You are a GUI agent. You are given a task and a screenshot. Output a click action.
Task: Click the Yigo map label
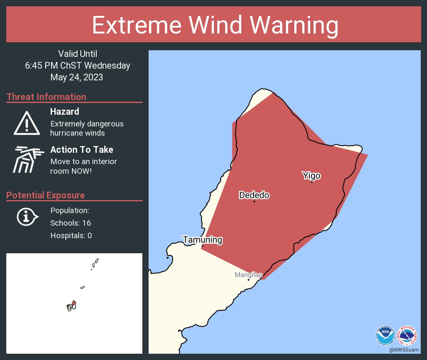[x=311, y=176]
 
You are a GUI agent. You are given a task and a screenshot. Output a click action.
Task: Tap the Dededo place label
[x=254, y=195]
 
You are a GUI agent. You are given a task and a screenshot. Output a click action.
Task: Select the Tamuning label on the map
[x=202, y=240]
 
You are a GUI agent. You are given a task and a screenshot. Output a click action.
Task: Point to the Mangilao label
[x=248, y=275]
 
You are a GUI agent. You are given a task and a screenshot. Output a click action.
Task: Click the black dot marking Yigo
[x=311, y=182]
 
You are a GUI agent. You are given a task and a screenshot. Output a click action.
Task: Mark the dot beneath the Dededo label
[x=254, y=201]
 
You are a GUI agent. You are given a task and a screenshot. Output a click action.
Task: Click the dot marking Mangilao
[x=248, y=280]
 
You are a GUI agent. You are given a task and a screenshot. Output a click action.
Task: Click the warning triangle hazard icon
[x=27, y=123]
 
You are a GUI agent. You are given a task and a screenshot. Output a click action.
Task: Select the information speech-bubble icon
[x=27, y=217]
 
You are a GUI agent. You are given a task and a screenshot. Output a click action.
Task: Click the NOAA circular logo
[x=385, y=335]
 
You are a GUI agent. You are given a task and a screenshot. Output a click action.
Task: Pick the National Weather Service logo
[x=407, y=335]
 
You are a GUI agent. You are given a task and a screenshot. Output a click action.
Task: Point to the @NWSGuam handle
[x=404, y=350]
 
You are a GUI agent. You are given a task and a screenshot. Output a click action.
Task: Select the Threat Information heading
[x=46, y=97]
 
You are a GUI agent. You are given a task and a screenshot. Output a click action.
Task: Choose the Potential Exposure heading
[x=46, y=195]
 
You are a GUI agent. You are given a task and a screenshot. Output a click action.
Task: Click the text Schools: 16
[x=70, y=223]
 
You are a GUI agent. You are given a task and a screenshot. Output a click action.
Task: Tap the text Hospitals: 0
[x=71, y=236]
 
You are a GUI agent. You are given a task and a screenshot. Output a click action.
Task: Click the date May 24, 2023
[x=77, y=77]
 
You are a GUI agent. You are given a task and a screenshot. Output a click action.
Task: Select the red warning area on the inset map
[x=74, y=303]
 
